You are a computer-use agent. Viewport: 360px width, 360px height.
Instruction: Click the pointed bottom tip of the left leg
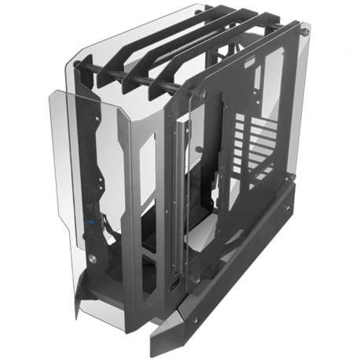[77, 314]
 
